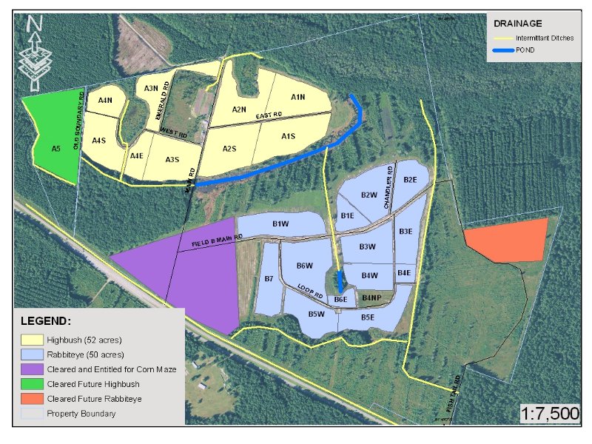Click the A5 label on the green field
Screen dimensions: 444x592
click(x=55, y=149)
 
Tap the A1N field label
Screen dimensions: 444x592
click(x=298, y=97)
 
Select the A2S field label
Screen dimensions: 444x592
click(x=229, y=148)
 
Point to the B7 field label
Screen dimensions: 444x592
click(x=269, y=279)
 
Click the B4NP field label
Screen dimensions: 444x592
click(x=371, y=297)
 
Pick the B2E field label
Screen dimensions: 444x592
click(x=410, y=180)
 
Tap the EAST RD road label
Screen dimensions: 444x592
click(x=269, y=116)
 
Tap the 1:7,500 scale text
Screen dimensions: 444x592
click(x=550, y=413)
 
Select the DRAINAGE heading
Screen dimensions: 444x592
click(x=514, y=24)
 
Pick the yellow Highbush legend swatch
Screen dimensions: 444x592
click(x=31, y=340)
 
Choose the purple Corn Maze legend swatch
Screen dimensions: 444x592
click(x=31, y=369)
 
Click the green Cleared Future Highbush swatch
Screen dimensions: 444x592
click(x=31, y=383)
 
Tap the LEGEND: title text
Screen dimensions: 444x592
click(x=46, y=321)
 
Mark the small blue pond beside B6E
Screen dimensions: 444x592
click(x=340, y=281)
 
